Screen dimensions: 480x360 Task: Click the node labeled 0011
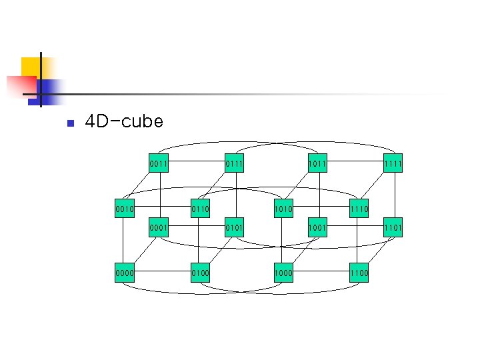[159, 163]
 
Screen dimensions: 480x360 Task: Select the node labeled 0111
[235, 163]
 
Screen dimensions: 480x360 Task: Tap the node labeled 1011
[317, 163]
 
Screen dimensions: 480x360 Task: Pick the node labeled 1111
[393, 163]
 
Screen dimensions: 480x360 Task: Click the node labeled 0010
[123, 209]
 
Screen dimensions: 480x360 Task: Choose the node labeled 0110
[201, 209]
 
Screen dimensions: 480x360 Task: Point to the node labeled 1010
[282, 209]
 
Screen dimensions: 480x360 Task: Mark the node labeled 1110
[359, 209]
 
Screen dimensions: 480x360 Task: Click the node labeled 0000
[123, 273]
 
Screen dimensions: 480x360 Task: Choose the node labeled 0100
[201, 273]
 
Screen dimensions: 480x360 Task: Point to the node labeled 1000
[282, 273]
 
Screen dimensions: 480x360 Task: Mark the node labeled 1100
[359, 273]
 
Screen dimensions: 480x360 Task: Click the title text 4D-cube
[124, 121]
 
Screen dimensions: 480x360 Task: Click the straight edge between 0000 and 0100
[162, 273]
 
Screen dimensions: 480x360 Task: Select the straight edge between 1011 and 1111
[355, 161]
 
